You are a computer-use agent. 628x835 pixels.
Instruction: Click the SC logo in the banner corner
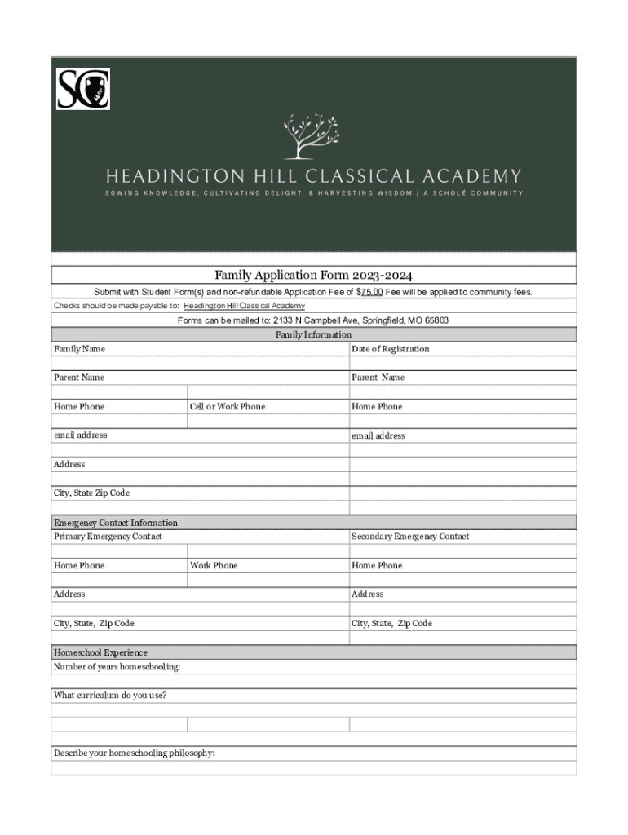[x=83, y=89]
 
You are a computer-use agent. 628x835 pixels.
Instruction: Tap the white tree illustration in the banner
[x=311, y=135]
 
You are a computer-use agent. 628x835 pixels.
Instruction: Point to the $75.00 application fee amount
[x=370, y=291]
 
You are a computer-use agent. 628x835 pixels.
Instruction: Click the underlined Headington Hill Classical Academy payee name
[x=244, y=306]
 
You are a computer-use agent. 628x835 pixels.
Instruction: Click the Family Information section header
[x=313, y=334]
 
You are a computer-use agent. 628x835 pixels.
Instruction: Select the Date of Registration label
[x=390, y=349]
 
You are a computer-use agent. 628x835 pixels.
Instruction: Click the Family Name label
[x=79, y=349]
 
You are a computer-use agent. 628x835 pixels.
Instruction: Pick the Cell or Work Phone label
[x=227, y=407]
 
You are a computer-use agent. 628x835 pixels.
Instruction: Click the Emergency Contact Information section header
[x=115, y=523]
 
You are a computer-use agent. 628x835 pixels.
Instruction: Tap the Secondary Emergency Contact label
[x=410, y=537]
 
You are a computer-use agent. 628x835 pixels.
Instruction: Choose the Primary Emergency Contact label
[x=108, y=537]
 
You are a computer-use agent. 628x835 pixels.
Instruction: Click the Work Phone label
[x=214, y=566]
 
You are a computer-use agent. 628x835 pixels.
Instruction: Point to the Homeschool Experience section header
[x=100, y=652]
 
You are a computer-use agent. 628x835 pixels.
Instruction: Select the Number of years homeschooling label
[x=117, y=667]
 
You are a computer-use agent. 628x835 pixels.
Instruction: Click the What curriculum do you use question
[x=109, y=696]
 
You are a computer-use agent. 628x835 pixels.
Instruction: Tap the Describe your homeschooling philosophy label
[x=134, y=753]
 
